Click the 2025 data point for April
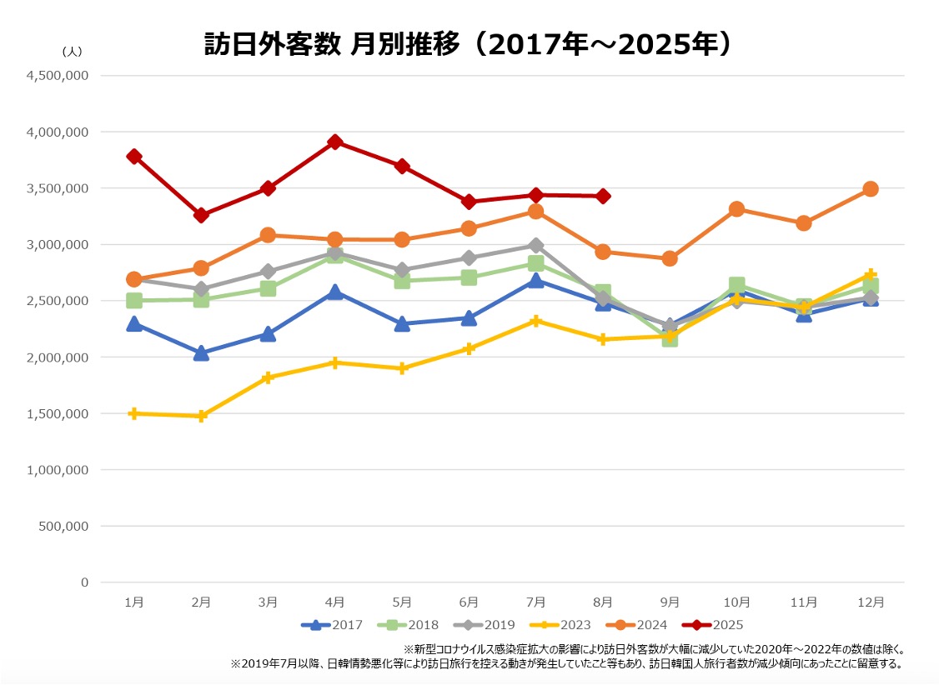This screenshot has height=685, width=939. pos(334,142)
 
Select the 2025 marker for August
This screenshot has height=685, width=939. pos(603,196)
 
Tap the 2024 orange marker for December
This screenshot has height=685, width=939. pos(870,188)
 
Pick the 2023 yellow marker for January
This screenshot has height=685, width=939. pos(133,413)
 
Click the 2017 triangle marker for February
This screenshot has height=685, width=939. pos(200,353)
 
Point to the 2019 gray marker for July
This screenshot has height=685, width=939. pos(535,246)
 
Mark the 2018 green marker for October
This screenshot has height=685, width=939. pos(736,286)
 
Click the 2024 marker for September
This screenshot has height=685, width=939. pos(669,258)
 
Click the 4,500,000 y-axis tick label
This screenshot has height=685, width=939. pos(59,76)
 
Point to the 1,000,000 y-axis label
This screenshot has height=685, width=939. pos(59,470)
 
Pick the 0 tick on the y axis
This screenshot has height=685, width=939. pos(84,582)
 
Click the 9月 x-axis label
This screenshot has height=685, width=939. pos(669,601)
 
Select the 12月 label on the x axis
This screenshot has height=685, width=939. pos(870,601)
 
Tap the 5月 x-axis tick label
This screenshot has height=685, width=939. pos(401,601)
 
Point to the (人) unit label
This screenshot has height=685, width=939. pos(72,51)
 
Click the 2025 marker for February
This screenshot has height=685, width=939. pos(200,215)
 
